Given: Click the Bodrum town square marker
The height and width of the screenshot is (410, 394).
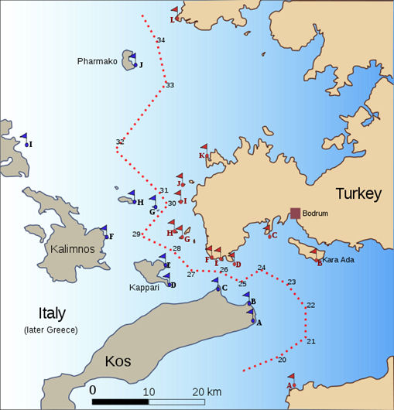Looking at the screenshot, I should (295, 214).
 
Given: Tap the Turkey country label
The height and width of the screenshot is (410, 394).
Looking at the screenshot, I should (358, 194).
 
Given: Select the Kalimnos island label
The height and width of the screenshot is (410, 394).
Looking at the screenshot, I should (72, 249).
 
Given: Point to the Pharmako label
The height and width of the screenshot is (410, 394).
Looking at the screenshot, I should (98, 61).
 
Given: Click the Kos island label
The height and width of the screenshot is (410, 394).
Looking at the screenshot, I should (121, 361).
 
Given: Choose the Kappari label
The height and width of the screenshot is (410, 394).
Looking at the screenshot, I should (144, 287).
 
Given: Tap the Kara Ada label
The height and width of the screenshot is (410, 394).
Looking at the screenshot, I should (338, 260).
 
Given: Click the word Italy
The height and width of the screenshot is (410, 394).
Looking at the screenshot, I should (52, 313).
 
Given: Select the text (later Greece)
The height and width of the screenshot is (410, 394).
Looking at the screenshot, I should (51, 330).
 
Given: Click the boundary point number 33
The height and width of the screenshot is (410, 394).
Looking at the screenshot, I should (170, 85).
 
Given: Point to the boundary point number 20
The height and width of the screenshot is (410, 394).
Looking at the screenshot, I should (282, 360).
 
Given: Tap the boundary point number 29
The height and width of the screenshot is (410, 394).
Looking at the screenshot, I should (136, 234).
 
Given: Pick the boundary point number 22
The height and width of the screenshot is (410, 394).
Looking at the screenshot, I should (310, 305).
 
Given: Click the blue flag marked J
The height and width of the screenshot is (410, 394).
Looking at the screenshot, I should (132, 60).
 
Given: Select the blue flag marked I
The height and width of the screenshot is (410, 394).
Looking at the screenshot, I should (26, 139).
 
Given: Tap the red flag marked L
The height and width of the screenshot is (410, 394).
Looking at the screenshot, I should (176, 15).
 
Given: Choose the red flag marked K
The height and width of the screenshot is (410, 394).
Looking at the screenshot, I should (204, 150).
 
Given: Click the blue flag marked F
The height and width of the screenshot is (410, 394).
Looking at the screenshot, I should (104, 232).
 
